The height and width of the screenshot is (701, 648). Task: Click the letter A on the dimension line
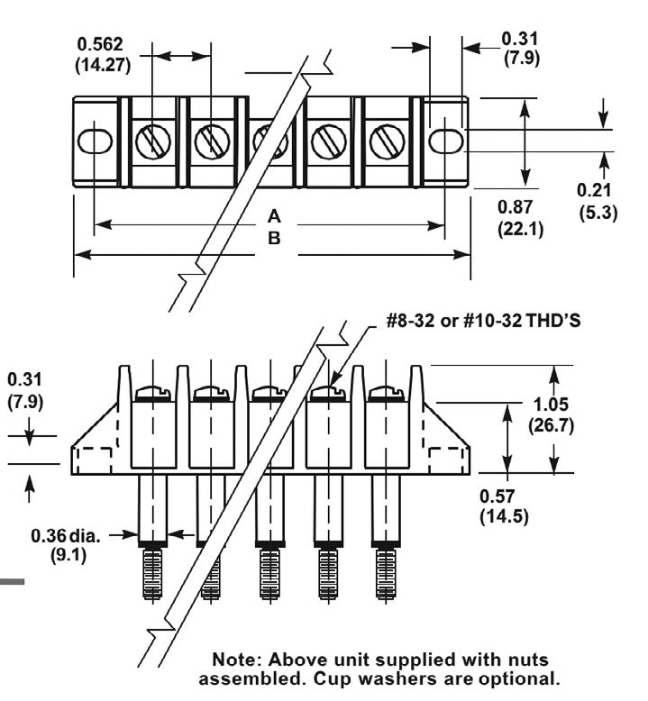[x=275, y=217]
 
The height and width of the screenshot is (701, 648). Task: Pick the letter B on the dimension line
[x=275, y=239]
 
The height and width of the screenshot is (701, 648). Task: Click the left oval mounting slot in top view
[x=94, y=141]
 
